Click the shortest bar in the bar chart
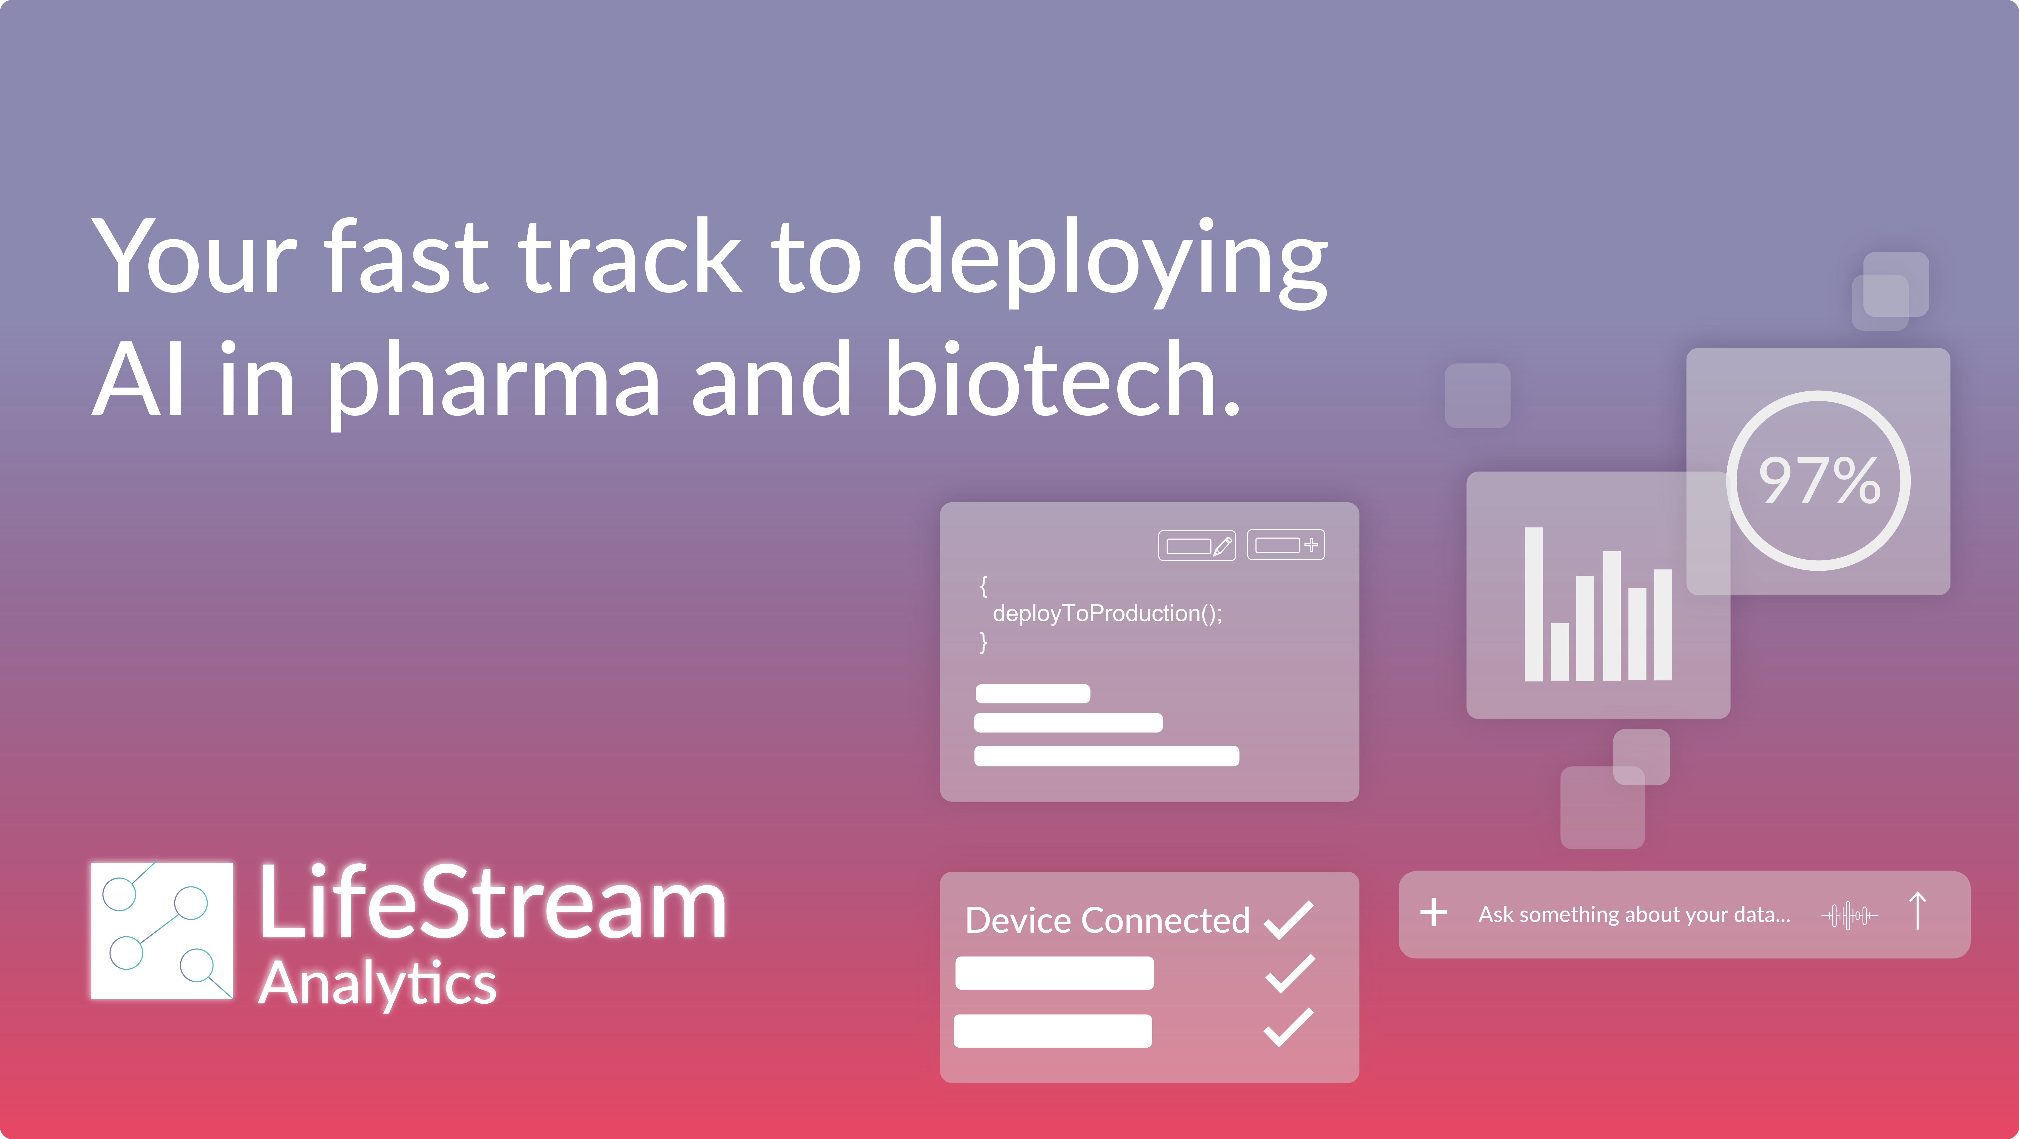pyautogui.click(x=1560, y=652)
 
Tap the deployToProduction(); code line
pyautogui.click(x=1107, y=613)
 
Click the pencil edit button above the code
pyautogui.click(x=1197, y=545)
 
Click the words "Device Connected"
pyautogui.click(x=1108, y=920)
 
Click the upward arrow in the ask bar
pyautogui.click(x=1918, y=911)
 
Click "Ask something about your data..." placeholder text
pyautogui.click(x=1634, y=915)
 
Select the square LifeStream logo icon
pyautogui.click(x=162, y=931)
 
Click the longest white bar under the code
pyautogui.click(x=1107, y=756)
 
